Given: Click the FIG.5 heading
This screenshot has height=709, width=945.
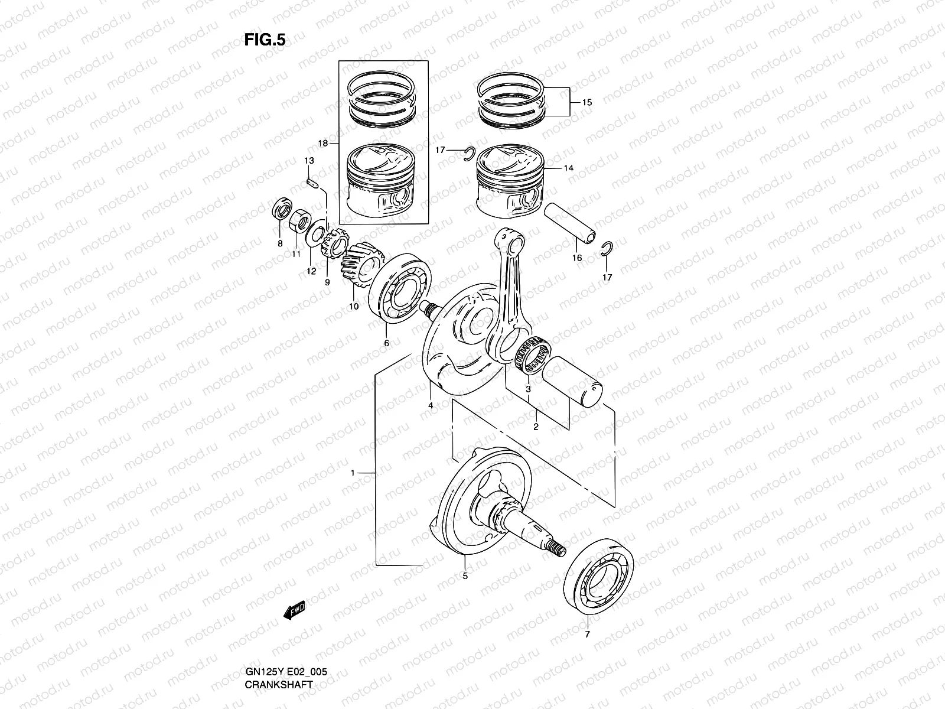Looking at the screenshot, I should click(x=265, y=40).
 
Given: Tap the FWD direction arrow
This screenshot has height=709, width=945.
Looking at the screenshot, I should click(x=294, y=612).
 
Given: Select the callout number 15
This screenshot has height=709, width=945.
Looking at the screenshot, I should click(x=586, y=102).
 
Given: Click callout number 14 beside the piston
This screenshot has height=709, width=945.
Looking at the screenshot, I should click(x=568, y=168).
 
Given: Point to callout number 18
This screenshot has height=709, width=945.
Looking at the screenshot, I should click(x=323, y=144).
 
